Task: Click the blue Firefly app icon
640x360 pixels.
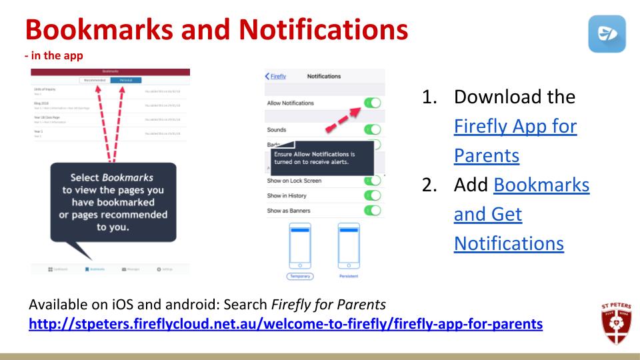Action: (607, 34)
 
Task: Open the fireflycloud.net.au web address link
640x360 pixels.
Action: (285, 325)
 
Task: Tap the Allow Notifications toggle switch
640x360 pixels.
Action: (372, 103)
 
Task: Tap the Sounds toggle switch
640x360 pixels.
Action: (372, 129)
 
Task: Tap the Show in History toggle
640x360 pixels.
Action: (372, 195)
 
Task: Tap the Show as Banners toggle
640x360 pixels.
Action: (372, 211)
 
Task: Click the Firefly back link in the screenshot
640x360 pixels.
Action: (276, 76)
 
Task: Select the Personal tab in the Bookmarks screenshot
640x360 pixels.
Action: (126, 80)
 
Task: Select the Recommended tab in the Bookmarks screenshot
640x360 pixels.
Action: (95, 80)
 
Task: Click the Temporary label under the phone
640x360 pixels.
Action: (300, 275)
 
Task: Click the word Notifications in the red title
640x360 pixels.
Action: (325, 29)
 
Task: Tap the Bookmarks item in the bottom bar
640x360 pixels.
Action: (95, 269)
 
